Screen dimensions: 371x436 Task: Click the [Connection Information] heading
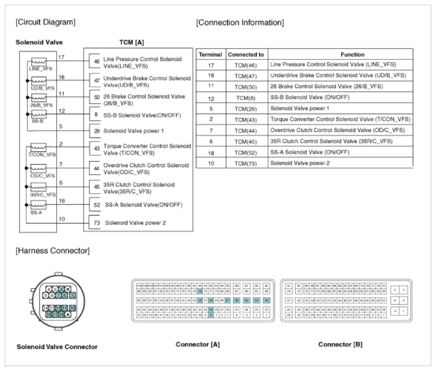239,23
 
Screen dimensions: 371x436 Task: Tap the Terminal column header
210,54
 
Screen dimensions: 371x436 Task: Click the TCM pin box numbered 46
95,62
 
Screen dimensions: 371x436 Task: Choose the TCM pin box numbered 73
95,222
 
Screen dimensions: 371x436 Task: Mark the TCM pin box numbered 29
95,130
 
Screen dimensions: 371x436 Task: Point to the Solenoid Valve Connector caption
57,347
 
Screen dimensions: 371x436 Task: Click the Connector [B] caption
340,345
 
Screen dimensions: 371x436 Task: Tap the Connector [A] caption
198,345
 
